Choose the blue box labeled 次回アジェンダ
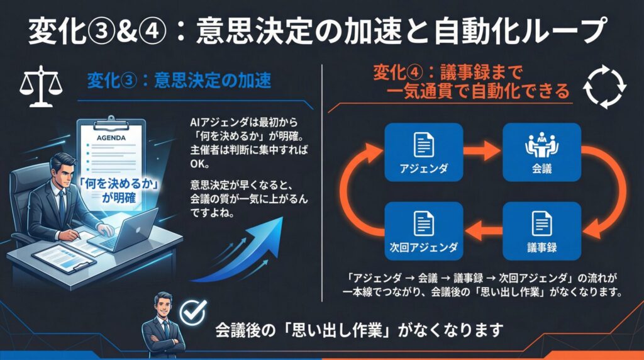pos(423,230)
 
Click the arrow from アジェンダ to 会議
pos(482,151)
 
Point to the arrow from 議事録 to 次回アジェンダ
pos(482,230)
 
